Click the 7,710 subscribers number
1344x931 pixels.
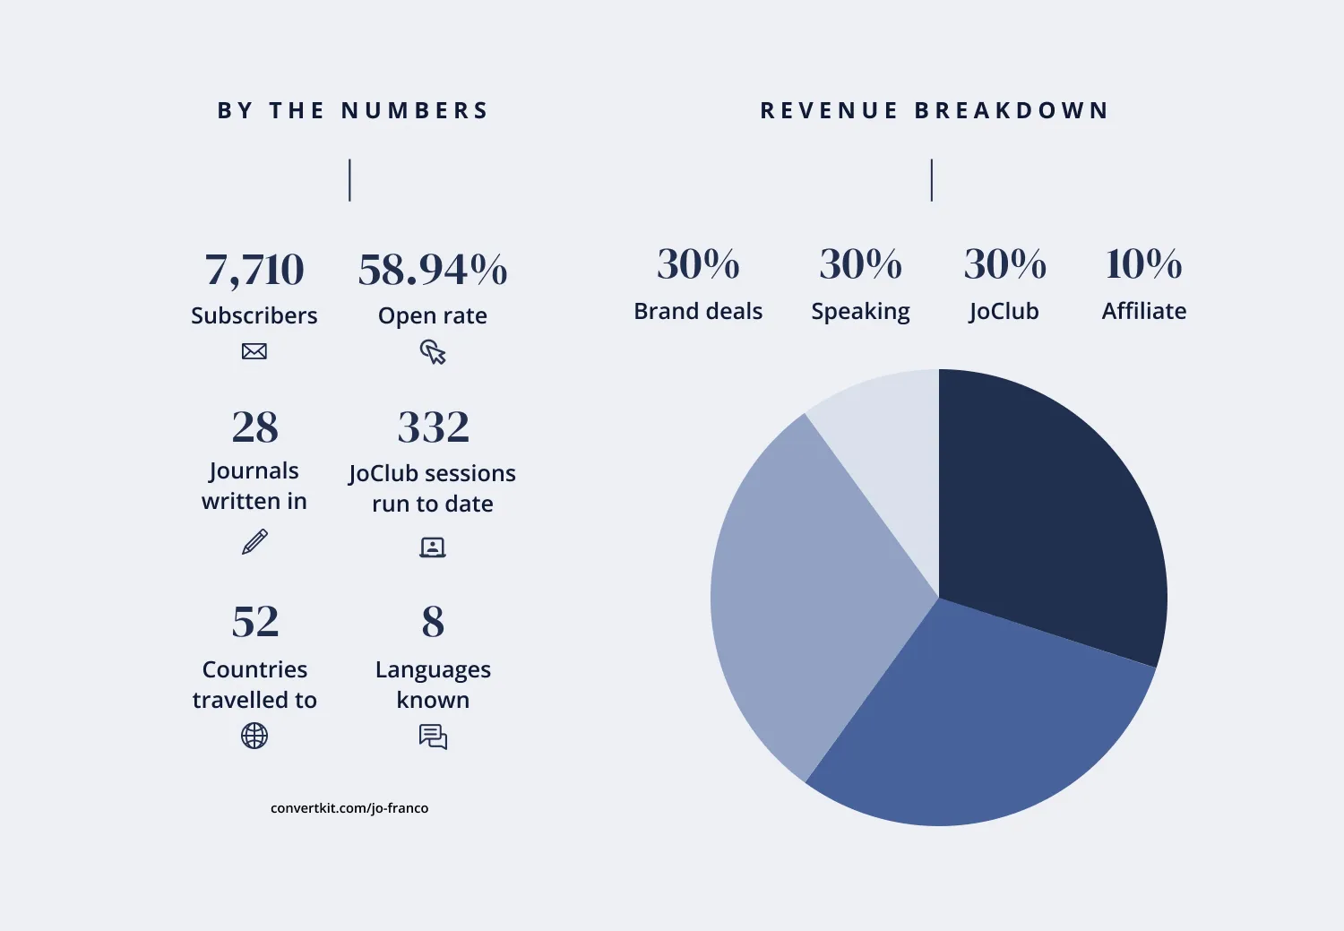click(x=254, y=270)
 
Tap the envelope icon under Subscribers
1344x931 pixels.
click(x=254, y=351)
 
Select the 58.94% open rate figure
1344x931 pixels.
click(x=433, y=270)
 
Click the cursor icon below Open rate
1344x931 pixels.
click(x=433, y=352)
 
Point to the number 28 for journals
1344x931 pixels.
click(x=254, y=427)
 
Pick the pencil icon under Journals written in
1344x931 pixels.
click(x=254, y=542)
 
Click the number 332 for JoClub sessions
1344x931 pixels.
click(x=433, y=427)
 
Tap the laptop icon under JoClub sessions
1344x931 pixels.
click(x=433, y=547)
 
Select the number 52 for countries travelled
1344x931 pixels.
click(x=254, y=622)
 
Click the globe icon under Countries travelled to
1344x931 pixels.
click(x=254, y=736)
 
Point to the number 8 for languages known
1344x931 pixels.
click(x=433, y=622)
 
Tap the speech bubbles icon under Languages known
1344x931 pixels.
click(x=433, y=737)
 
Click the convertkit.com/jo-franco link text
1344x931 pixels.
click(x=349, y=808)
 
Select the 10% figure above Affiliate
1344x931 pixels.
click(x=1143, y=264)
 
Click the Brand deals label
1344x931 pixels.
click(x=698, y=311)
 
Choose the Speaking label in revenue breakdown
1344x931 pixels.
click(x=860, y=312)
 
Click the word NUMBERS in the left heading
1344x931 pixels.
click(x=415, y=111)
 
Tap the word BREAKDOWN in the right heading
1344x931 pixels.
click(x=1012, y=111)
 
